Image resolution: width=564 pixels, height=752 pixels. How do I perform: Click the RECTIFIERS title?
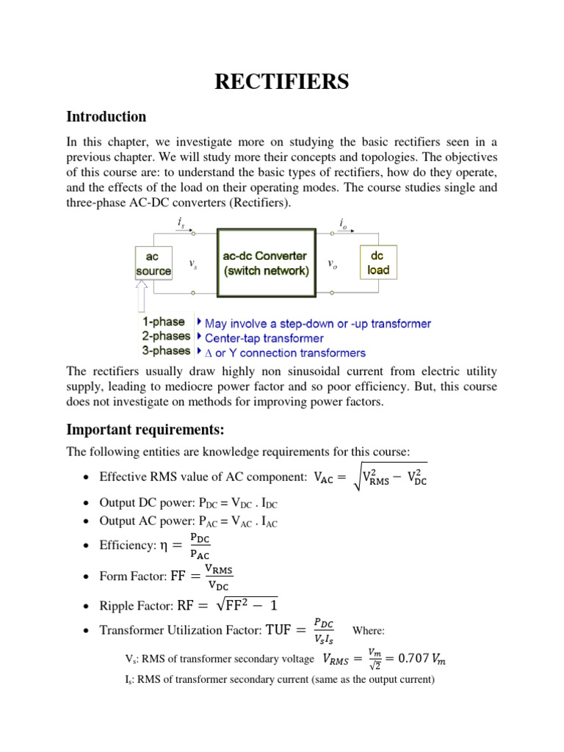click(281, 82)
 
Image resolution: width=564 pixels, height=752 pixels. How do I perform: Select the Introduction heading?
click(106, 117)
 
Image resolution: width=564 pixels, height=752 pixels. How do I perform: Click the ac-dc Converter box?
click(265, 264)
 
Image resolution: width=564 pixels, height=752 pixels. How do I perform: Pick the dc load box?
click(379, 264)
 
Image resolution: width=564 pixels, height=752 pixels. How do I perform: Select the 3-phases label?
click(166, 352)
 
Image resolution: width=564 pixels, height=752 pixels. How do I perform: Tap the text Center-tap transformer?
click(264, 338)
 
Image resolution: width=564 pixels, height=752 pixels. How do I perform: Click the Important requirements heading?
click(145, 429)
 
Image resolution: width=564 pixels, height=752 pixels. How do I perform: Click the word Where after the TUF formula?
click(369, 630)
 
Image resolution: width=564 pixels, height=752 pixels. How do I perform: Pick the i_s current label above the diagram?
click(181, 223)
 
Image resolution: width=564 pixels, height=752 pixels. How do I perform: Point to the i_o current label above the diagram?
click(344, 223)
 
